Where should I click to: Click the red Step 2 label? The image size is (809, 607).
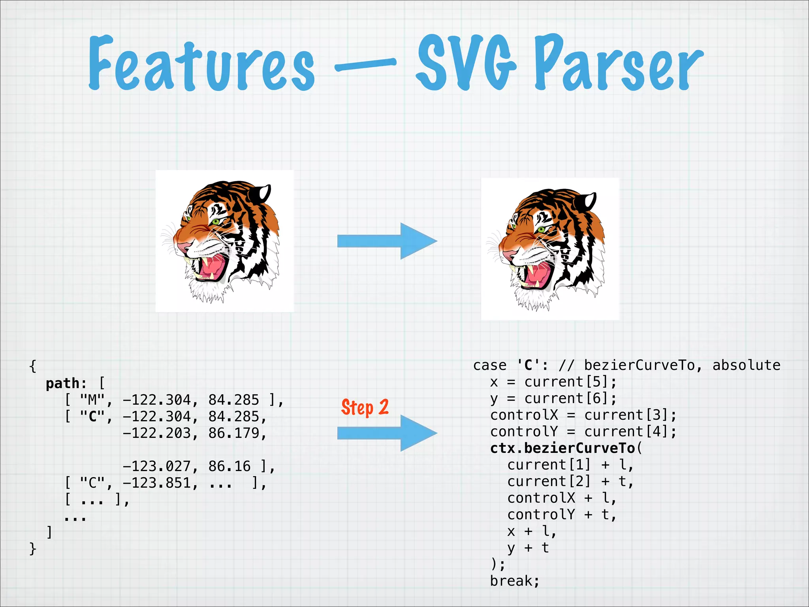[x=365, y=407]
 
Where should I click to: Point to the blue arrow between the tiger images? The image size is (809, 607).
[x=387, y=241]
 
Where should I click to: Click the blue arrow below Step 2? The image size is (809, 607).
[x=387, y=433]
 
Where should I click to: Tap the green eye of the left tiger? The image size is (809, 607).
[x=216, y=222]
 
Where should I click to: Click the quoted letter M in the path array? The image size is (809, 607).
[x=92, y=400]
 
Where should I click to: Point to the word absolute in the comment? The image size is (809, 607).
[x=746, y=365]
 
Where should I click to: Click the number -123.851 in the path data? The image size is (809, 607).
[x=160, y=483]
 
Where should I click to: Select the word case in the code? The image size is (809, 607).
[x=490, y=365]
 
